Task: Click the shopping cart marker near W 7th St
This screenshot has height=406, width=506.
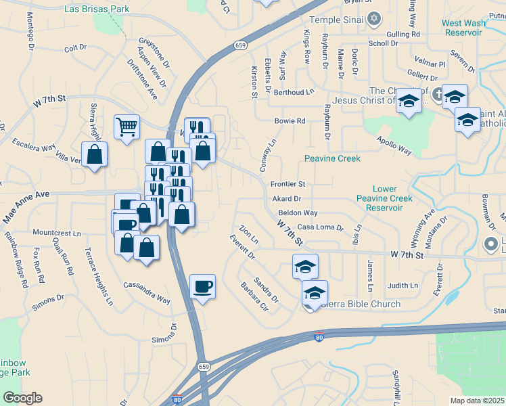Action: tap(127, 127)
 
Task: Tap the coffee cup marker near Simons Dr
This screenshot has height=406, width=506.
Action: tap(202, 287)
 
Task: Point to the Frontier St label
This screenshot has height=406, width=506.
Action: tap(288, 184)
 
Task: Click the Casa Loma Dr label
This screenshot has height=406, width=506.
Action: tap(321, 228)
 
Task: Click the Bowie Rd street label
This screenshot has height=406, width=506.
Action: tap(290, 121)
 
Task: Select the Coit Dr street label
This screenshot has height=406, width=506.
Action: tap(76, 48)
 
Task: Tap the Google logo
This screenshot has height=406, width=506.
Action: tap(22, 398)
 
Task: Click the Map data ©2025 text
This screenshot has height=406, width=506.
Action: tap(477, 401)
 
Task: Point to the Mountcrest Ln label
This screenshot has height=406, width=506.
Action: tap(56, 233)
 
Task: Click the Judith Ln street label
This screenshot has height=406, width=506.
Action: tap(403, 286)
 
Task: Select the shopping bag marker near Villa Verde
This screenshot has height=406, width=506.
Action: tap(94, 154)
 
